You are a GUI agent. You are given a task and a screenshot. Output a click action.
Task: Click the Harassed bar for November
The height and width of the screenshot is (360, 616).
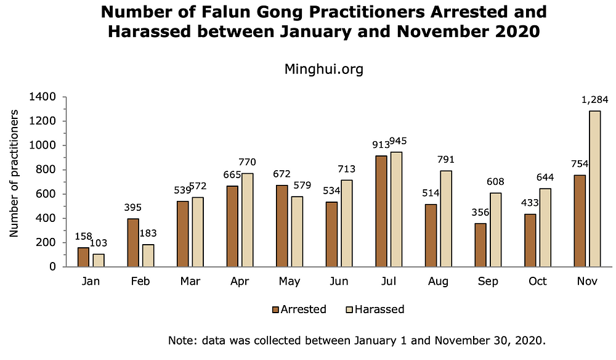(594, 189)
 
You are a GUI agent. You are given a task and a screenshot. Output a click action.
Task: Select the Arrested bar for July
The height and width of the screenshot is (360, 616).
(381, 211)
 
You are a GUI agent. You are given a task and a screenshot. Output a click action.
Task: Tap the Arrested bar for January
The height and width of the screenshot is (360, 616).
(83, 257)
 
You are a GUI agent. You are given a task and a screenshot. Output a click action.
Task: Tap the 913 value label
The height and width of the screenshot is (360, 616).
(381, 145)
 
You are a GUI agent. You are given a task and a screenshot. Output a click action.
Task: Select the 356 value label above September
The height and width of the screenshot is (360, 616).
(480, 212)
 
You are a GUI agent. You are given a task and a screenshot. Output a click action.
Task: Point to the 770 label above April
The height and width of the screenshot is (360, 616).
(248, 162)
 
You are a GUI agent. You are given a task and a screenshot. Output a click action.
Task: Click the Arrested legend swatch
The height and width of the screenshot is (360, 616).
(275, 309)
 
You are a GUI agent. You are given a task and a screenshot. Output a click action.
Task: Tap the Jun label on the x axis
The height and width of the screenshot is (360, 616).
(338, 282)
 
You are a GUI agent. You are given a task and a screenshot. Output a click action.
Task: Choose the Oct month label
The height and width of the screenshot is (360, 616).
(538, 282)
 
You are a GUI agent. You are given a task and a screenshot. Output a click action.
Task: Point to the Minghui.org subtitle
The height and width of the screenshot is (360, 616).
(323, 69)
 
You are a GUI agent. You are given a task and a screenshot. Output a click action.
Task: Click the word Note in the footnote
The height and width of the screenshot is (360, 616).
(180, 340)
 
